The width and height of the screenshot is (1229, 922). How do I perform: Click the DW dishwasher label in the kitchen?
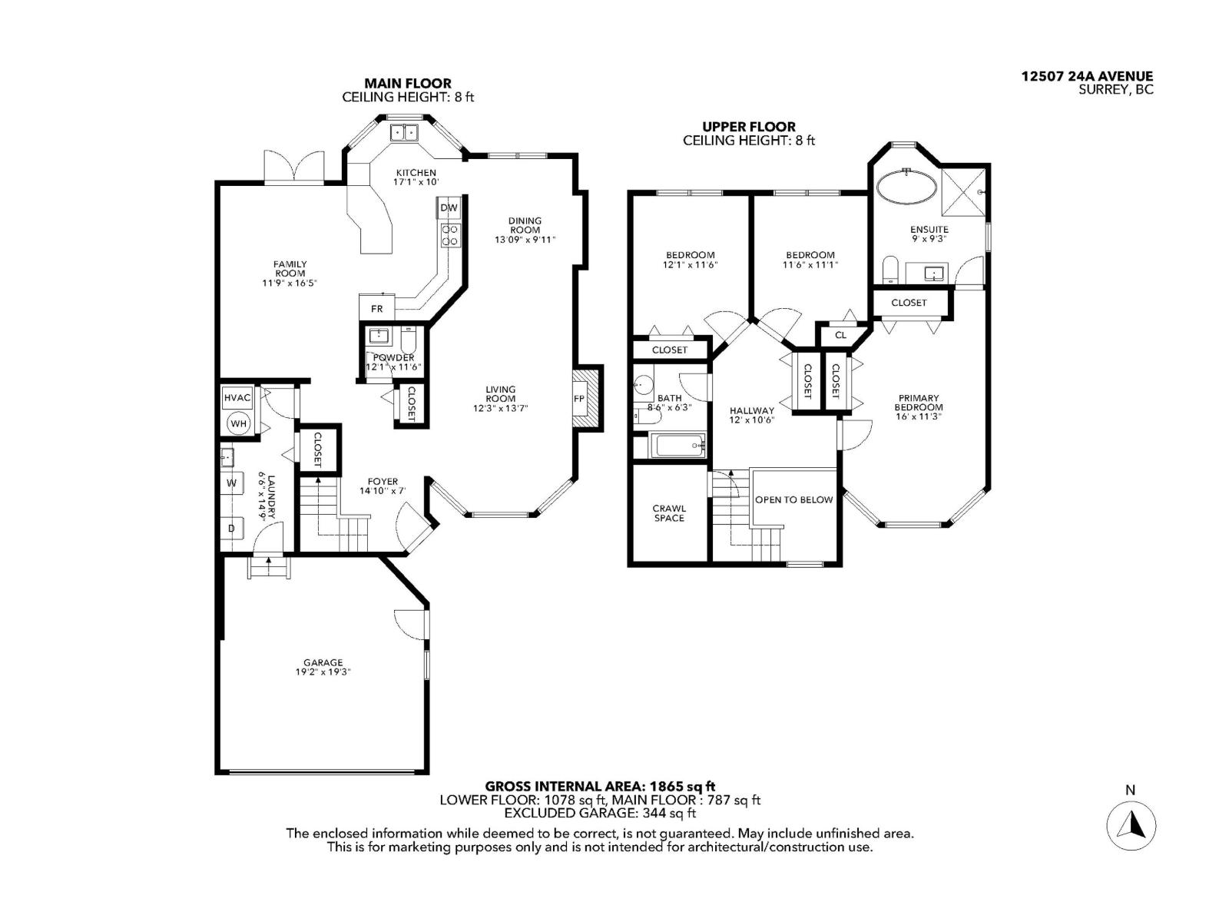449,207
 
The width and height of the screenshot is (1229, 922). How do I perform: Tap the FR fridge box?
376,309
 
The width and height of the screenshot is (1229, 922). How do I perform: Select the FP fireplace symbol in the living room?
578,399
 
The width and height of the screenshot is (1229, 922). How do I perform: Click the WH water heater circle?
239,424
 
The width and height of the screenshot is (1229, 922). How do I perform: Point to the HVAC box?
237,398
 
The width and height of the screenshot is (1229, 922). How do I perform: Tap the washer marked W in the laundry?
231,483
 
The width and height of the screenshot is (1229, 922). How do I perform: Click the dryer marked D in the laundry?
231,529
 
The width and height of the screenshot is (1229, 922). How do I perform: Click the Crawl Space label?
669,513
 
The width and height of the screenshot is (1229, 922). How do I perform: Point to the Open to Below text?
793,499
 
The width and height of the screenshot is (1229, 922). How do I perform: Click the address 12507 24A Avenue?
1086,76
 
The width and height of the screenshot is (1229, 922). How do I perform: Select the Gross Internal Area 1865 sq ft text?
600,786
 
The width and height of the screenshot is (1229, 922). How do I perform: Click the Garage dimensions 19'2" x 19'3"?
323,672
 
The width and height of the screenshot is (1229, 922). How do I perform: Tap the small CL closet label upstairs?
840,335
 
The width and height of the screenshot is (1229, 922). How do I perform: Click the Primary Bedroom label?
918,403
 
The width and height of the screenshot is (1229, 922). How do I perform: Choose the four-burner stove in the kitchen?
449,235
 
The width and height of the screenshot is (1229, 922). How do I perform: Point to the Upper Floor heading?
748,127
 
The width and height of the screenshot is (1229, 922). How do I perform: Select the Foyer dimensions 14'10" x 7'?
382,491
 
